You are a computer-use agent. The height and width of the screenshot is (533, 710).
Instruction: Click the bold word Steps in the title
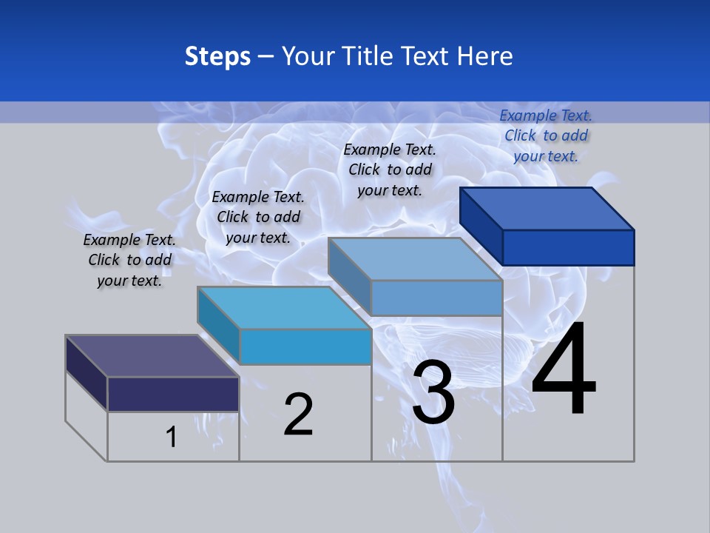click(217, 56)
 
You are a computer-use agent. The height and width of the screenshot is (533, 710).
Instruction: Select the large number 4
click(564, 369)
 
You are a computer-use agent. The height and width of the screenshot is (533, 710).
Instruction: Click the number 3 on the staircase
click(433, 392)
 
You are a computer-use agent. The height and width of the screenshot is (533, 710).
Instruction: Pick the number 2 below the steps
click(299, 415)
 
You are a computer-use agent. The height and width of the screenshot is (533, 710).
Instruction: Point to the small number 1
click(172, 437)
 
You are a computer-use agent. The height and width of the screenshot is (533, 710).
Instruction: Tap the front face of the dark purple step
click(173, 394)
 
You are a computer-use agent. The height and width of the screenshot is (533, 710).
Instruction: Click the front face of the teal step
click(305, 346)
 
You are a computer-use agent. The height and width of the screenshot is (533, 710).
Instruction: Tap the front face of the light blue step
click(436, 298)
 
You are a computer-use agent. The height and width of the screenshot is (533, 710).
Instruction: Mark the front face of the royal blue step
click(568, 247)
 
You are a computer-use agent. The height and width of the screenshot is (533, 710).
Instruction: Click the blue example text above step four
click(546, 135)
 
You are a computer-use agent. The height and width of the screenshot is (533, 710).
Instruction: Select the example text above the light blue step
click(390, 170)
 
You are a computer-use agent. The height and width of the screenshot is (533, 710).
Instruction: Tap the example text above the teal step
click(258, 217)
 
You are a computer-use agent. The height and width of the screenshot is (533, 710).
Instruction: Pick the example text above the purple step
click(129, 260)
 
